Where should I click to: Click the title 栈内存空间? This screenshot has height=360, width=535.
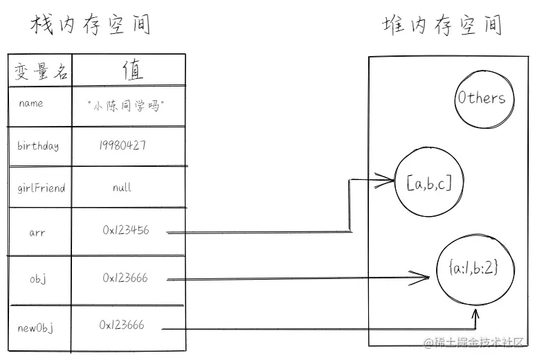90,25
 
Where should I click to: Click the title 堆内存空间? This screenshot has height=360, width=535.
442,26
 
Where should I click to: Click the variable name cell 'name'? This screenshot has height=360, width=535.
31,104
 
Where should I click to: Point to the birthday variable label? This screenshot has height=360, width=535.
38,147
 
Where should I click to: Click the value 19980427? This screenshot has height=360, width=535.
122,146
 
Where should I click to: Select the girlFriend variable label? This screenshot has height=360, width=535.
41,188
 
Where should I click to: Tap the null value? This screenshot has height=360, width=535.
122,188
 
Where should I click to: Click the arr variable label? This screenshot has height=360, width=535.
37,233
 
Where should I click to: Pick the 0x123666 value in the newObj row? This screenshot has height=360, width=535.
122,325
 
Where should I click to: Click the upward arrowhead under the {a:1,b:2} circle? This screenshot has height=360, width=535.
476,316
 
